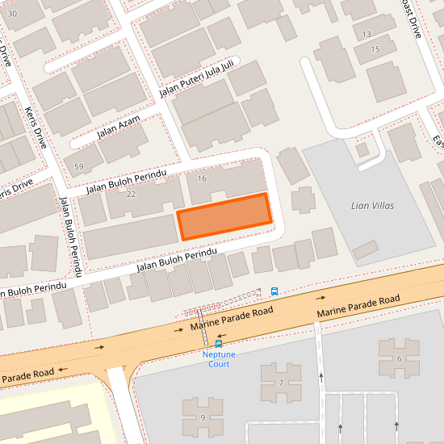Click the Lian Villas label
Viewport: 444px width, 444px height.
click(372, 206)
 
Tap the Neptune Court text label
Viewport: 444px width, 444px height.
click(216, 359)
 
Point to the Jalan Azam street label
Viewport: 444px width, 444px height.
click(119, 128)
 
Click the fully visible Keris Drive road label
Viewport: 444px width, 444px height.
click(37, 128)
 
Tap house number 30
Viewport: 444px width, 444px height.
click(11, 14)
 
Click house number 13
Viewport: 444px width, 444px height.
click(367, 34)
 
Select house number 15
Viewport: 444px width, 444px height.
click(375, 50)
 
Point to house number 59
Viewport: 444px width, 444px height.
click(78, 167)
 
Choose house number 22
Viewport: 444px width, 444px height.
click(132, 195)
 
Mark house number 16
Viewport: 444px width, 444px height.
click(202, 178)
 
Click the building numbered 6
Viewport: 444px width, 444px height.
click(399, 358)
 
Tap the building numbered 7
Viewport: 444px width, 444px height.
click(280, 382)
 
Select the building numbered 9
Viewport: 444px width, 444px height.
click(203, 417)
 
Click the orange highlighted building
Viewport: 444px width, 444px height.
click(224, 216)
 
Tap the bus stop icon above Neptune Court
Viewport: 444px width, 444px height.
click(218, 343)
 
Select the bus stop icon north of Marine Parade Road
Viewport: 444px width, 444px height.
click(274, 291)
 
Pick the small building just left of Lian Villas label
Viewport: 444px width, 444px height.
click(303, 199)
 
